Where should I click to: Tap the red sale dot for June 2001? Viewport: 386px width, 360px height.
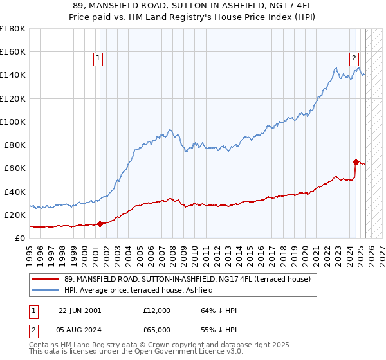[100, 224]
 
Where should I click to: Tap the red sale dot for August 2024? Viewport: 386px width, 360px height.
[356, 162]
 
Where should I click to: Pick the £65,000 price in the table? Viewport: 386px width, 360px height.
[157, 330]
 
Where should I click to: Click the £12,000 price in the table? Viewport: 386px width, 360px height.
[157, 310]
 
